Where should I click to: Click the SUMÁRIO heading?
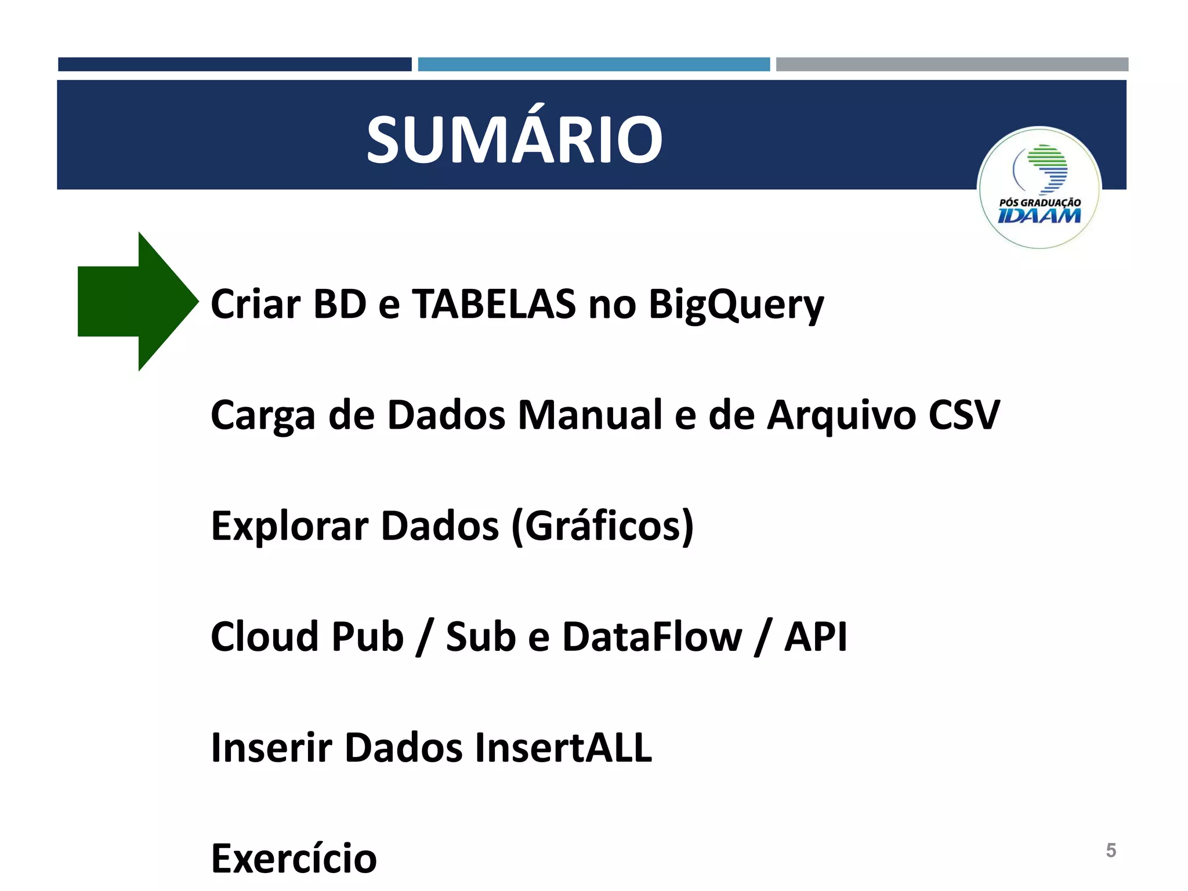pos(514,139)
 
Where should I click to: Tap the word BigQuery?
pos(736,305)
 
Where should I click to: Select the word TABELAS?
pos(494,304)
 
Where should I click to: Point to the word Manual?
pos(589,415)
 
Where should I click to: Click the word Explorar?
pos(289,527)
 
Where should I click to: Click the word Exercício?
pos(294,859)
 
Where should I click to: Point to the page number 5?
pos(1111,850)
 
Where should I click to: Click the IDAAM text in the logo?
pos(1039,216)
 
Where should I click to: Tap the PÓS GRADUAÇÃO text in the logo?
pos(1039,202)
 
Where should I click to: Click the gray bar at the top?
pos(952,64)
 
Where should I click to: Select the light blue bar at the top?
pos(593,64)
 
